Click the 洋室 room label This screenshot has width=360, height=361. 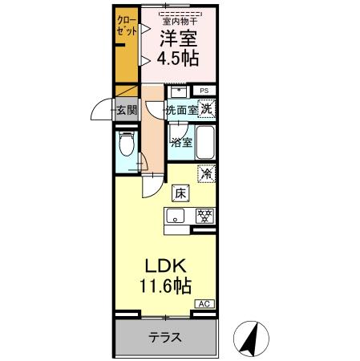178,39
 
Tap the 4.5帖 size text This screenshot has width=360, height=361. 178,59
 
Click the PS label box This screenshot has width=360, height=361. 204,91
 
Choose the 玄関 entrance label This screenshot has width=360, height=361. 126,111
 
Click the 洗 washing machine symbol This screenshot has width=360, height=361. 206,109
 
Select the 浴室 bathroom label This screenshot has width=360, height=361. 181,143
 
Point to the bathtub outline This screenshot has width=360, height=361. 205,143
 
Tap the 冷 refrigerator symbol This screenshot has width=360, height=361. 206,172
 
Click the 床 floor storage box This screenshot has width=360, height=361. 180,193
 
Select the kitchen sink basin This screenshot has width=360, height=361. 176,215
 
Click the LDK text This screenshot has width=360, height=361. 167,266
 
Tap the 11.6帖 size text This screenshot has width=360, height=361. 167,285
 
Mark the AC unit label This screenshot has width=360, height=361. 206,305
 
